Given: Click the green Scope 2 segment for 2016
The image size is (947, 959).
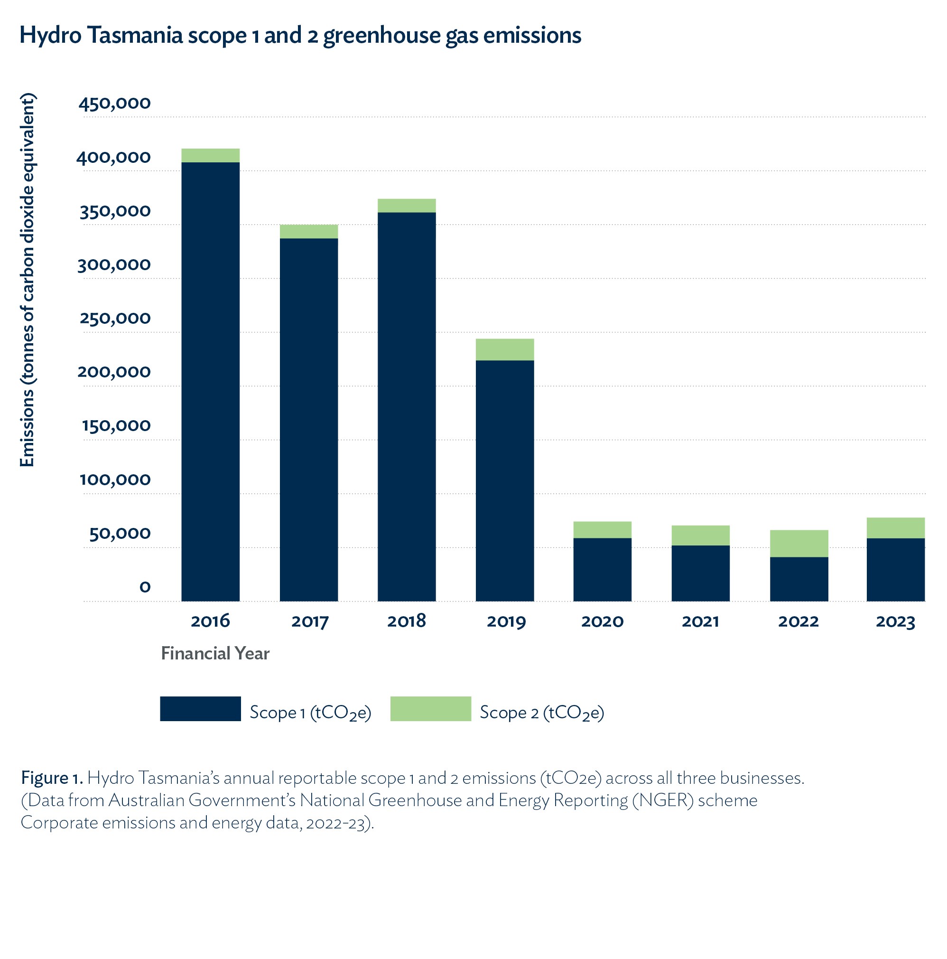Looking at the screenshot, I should pos(210,155).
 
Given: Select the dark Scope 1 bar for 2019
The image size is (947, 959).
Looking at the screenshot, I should pos(504,480).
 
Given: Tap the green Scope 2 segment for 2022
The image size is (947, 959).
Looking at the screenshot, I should pos(798,543).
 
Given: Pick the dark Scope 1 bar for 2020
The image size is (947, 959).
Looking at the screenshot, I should pos(602,569).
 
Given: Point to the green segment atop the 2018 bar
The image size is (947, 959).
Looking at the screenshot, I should pos(406,206).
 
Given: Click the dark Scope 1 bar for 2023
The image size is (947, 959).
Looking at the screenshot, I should pos(895,569).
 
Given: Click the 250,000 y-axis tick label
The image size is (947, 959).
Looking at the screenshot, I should pos(115,318).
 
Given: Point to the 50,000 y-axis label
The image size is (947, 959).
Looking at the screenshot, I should pos(120,533).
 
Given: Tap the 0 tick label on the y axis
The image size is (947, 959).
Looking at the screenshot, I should pos(145,587).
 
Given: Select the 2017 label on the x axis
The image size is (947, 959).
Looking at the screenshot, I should pos(309,621).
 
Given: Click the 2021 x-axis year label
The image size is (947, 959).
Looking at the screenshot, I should pos(700,621).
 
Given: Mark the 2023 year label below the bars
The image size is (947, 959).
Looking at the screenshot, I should pos(895,621).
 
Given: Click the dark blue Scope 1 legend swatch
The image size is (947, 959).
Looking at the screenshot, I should pos(200,708).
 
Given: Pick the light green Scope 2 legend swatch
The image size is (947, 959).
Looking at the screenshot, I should pos(431,708).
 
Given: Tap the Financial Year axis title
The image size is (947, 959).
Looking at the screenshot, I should pos(215,653).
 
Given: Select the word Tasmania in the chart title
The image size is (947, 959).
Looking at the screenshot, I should pos(135,36).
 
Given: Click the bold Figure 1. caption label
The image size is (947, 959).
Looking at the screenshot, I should pos(52,778).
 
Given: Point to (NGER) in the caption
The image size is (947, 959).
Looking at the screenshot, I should pos(662,800).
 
